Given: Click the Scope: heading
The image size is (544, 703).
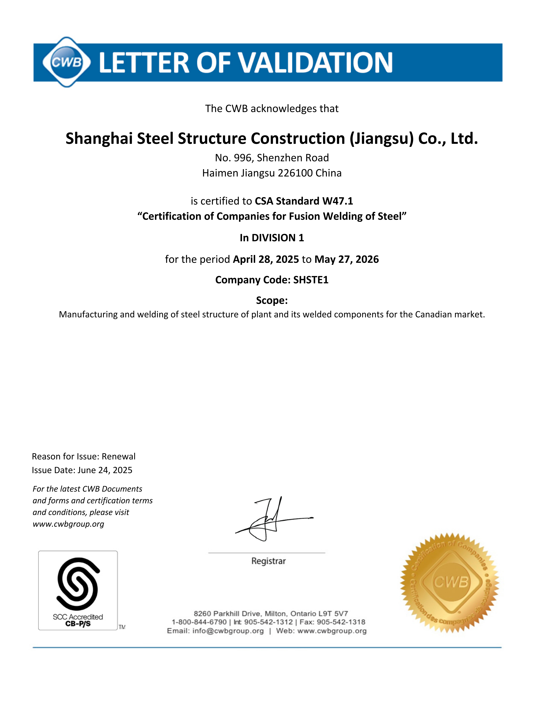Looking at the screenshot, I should pos(272,300).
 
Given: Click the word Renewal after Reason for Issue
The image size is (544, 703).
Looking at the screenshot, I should pos(119,457).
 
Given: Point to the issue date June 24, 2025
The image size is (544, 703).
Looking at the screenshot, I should pos(105,470).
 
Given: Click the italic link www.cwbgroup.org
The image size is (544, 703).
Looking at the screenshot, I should pos(68,524).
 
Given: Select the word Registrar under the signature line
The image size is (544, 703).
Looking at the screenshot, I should pos(268,561).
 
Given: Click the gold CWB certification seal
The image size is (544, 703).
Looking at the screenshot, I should pos(449,583).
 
